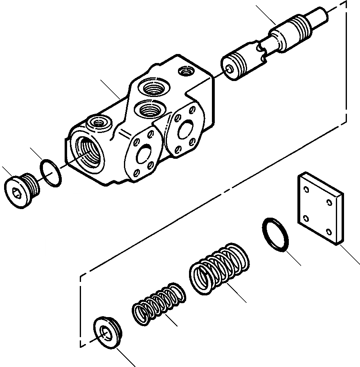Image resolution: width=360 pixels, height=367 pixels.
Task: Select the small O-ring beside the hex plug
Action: click(x=51, y=173)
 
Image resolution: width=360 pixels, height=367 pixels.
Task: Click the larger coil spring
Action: click(x=220, y=268)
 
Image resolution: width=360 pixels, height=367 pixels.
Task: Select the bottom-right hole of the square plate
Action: click(x=329, y=232)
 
